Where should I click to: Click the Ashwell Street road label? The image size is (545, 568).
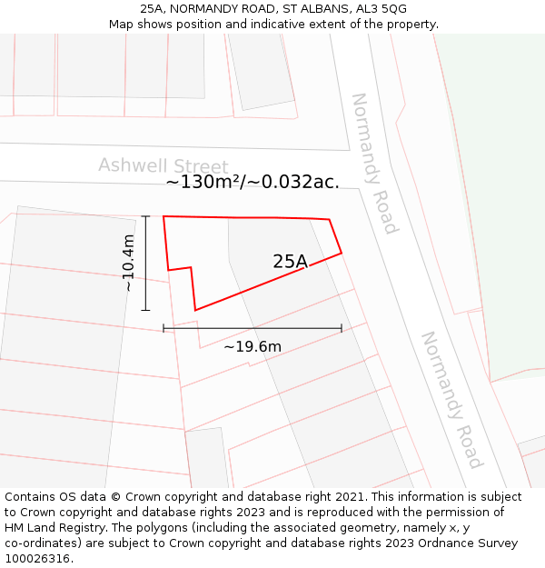tap(163, 166)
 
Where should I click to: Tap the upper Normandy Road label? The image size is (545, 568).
tap(374, 163)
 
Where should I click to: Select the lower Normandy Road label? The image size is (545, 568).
tap(450, 400)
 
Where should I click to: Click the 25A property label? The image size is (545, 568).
tap(290, 262)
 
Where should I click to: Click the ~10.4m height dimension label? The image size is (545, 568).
tap(129, 263)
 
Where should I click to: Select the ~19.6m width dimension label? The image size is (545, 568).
tap(253, 346)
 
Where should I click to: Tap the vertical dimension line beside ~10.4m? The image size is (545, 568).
tap(145, 264)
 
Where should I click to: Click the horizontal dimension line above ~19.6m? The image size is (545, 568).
tap(253, 328)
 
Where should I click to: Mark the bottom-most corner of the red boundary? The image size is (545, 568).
tap(194, 311)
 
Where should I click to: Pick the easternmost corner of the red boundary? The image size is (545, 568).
tap(342, 253)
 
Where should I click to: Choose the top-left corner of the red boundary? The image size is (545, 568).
tap(163, 216)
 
